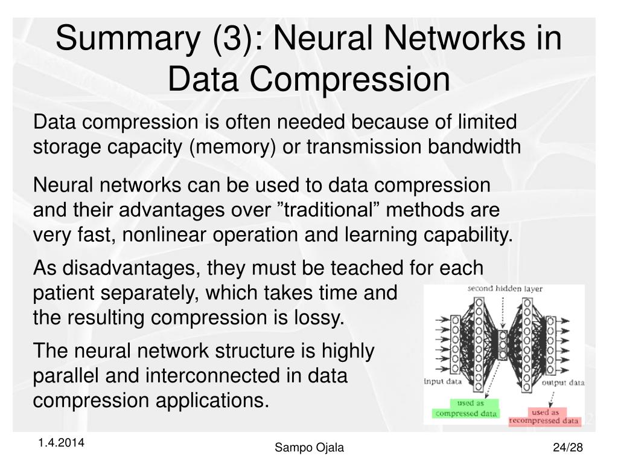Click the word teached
[368, 267]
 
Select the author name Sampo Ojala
[309, 447]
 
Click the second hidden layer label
[505, 289]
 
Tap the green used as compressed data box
[467, 409]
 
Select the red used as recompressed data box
[544, 416]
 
